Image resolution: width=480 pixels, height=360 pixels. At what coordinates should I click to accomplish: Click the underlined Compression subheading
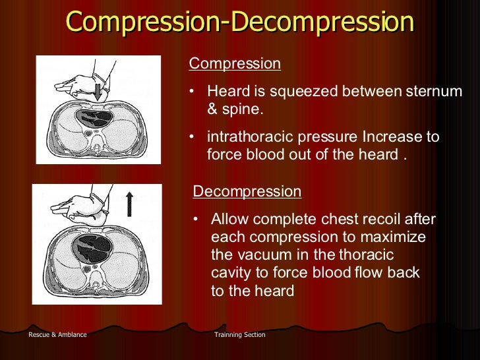(x=235, y=64)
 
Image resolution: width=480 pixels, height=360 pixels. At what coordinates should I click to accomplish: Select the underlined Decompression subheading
(x=247, y=192)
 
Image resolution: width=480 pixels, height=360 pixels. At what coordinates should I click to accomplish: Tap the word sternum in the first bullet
(x=433, y=92)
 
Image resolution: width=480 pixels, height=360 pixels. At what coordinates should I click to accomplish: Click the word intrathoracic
(x=251, y=137)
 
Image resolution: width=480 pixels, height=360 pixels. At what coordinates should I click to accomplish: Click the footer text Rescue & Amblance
(x=57, y=335)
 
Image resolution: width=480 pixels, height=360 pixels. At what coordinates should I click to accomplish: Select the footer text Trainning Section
(x=240, y=335)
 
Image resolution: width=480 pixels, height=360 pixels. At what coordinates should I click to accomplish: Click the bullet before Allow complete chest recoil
(x=196, y=220)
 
